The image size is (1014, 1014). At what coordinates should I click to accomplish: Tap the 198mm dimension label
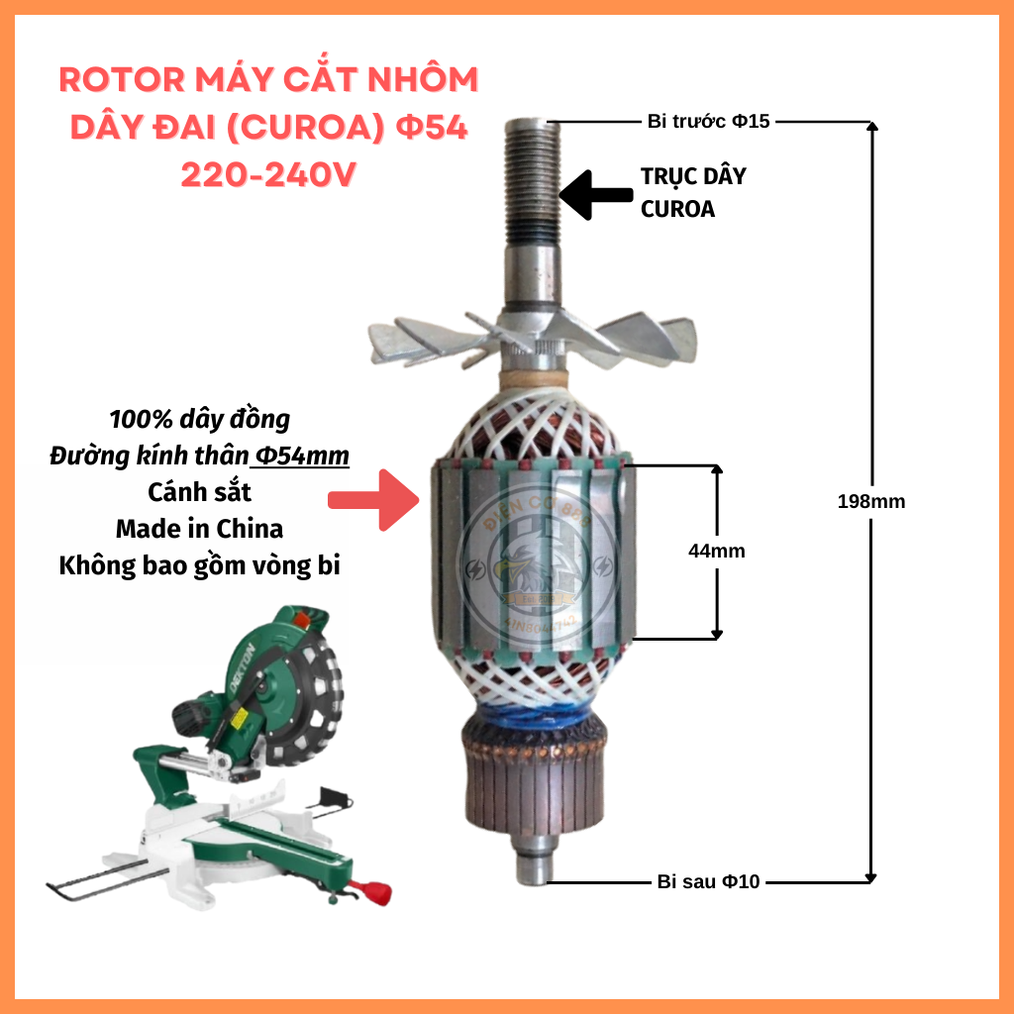pyautogui.click(x=870, y=501)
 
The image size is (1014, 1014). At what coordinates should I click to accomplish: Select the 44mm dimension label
pyautogui.click(x=716, y=551)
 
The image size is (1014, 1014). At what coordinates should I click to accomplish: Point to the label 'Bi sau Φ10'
pyautogui.click(x=708, y=881)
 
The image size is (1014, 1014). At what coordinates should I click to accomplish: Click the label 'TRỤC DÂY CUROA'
pyautogui.click(x=692, y=193)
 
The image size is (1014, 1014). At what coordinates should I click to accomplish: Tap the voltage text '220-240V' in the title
pyautogui.click(x=267, y=174)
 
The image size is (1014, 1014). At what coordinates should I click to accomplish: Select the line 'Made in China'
pyautogui.click(x=198, y=528)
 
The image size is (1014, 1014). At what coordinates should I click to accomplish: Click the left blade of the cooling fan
pyautogui.click(x=416, y=337)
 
